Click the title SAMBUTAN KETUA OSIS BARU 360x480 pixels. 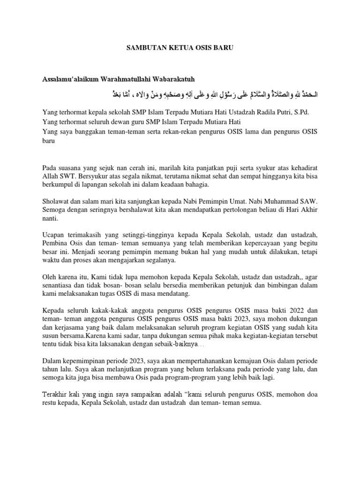coord(180,47)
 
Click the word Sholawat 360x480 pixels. coord(56,202)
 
